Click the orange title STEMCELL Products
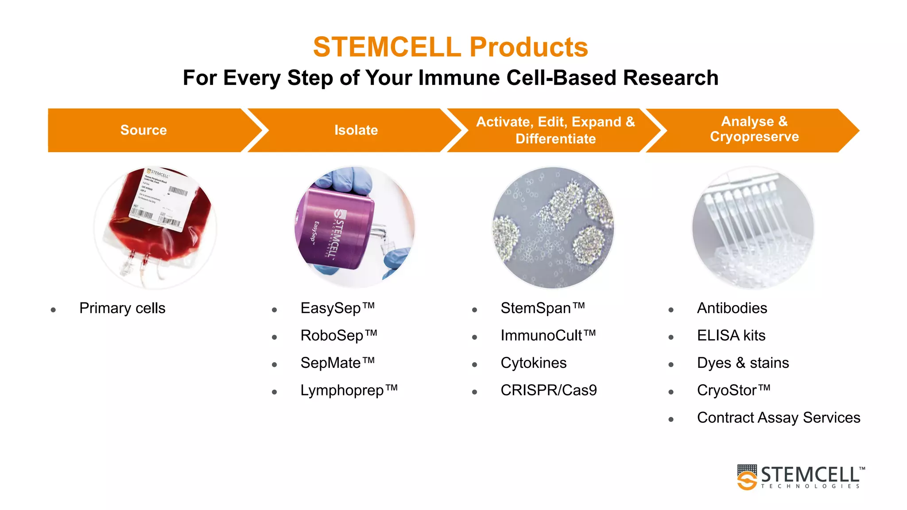tap(450, 47)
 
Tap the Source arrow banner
tap(144, 130)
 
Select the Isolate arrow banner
tap(356, 130)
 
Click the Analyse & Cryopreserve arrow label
tap(754, 129)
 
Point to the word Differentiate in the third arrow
tap(555, 139)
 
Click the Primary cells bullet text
tap(122, 308)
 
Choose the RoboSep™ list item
tap(339, 336)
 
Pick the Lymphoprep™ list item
tap(349, 390)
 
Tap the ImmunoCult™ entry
tap(548, 336)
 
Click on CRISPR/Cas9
tap(549, 390)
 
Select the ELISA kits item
tap(731, 336)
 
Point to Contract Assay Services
tap(779, 418)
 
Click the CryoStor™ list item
tap(734, 390)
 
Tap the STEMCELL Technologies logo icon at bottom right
tap(747, 477)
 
